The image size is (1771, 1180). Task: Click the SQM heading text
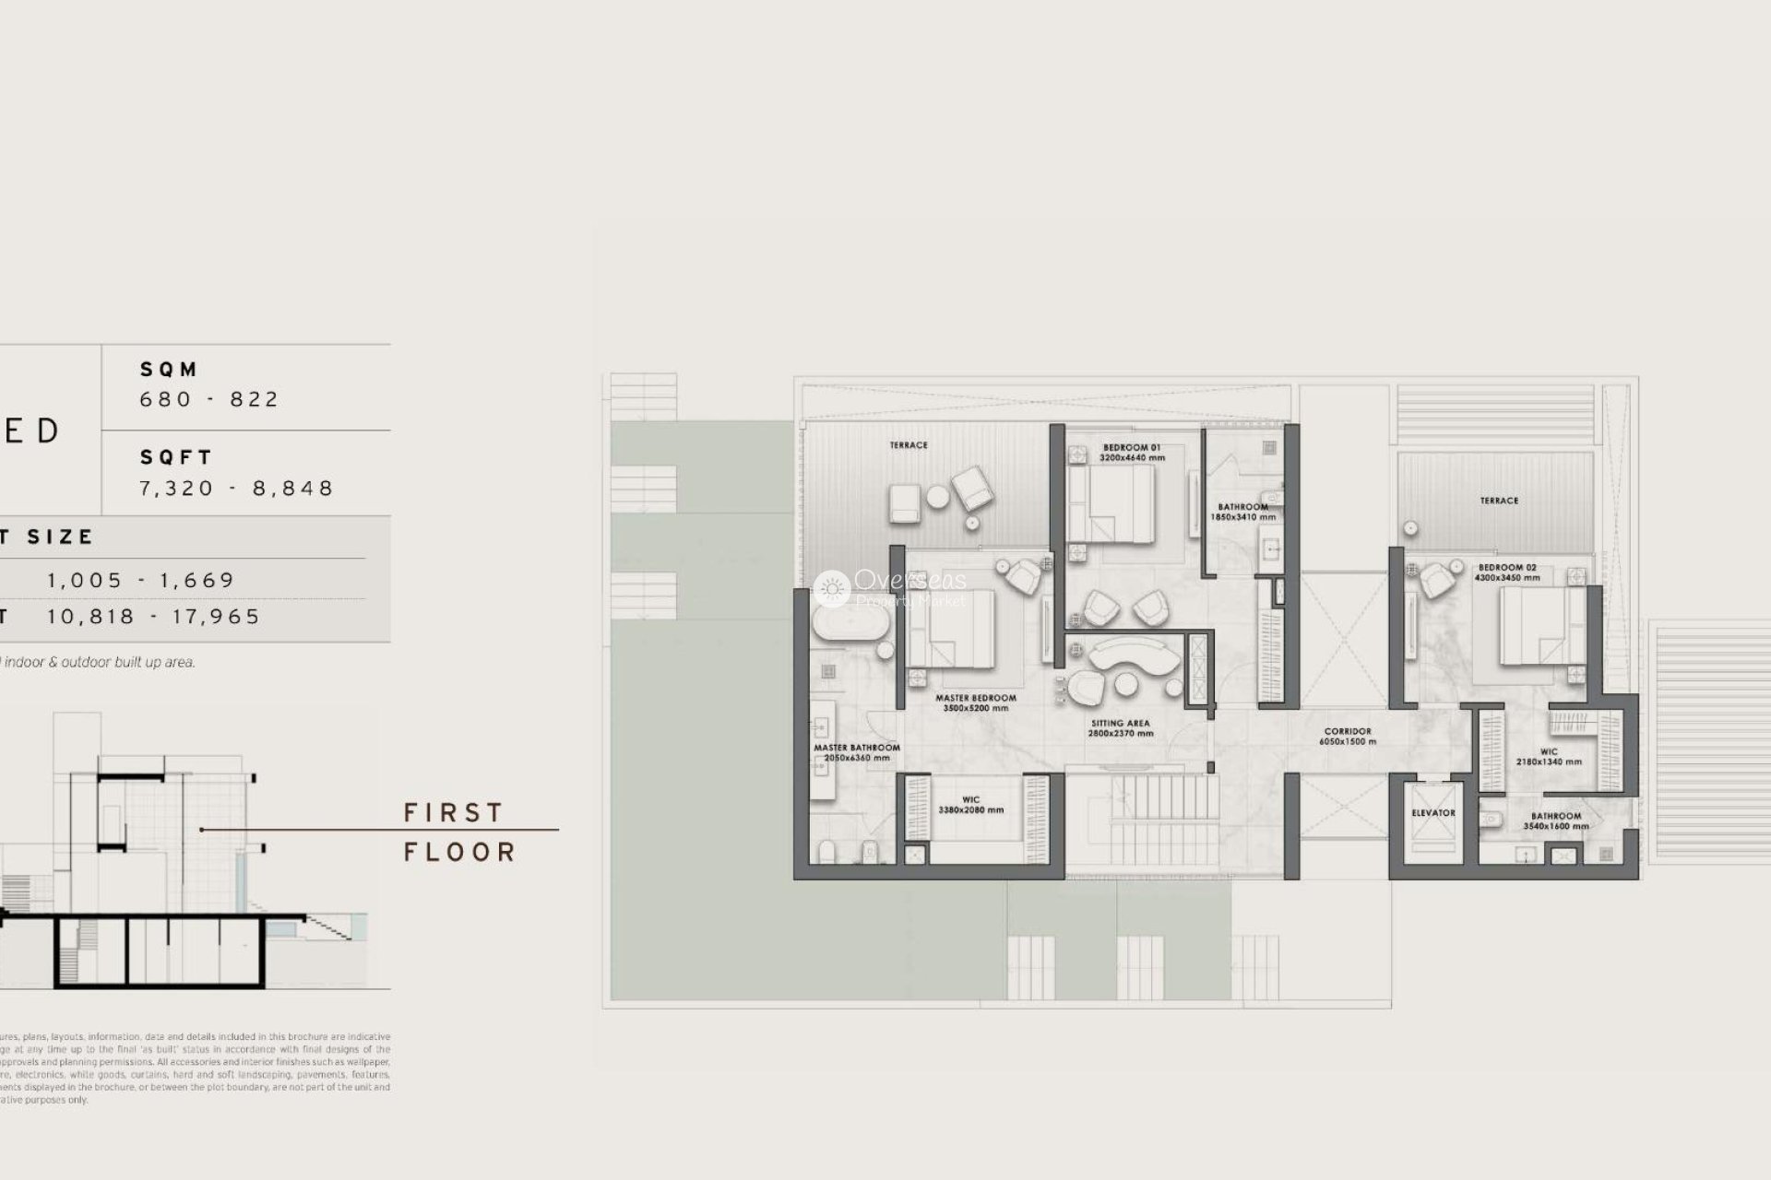click(169, 370)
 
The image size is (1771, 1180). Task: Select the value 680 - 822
click(209, 399)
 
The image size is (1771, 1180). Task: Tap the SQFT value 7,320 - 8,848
click(236, 488)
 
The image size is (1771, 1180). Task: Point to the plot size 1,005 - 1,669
click(141, 580)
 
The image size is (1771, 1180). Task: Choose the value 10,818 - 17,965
click(154, 617)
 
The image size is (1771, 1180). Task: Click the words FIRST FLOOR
click(458, 832)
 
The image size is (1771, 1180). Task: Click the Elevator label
click(1432, 813)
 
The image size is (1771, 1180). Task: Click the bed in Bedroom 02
click(1530, 627)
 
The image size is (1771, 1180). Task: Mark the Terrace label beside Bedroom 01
click(909, 445)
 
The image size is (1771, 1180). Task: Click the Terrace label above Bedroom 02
click(1499, 501)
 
